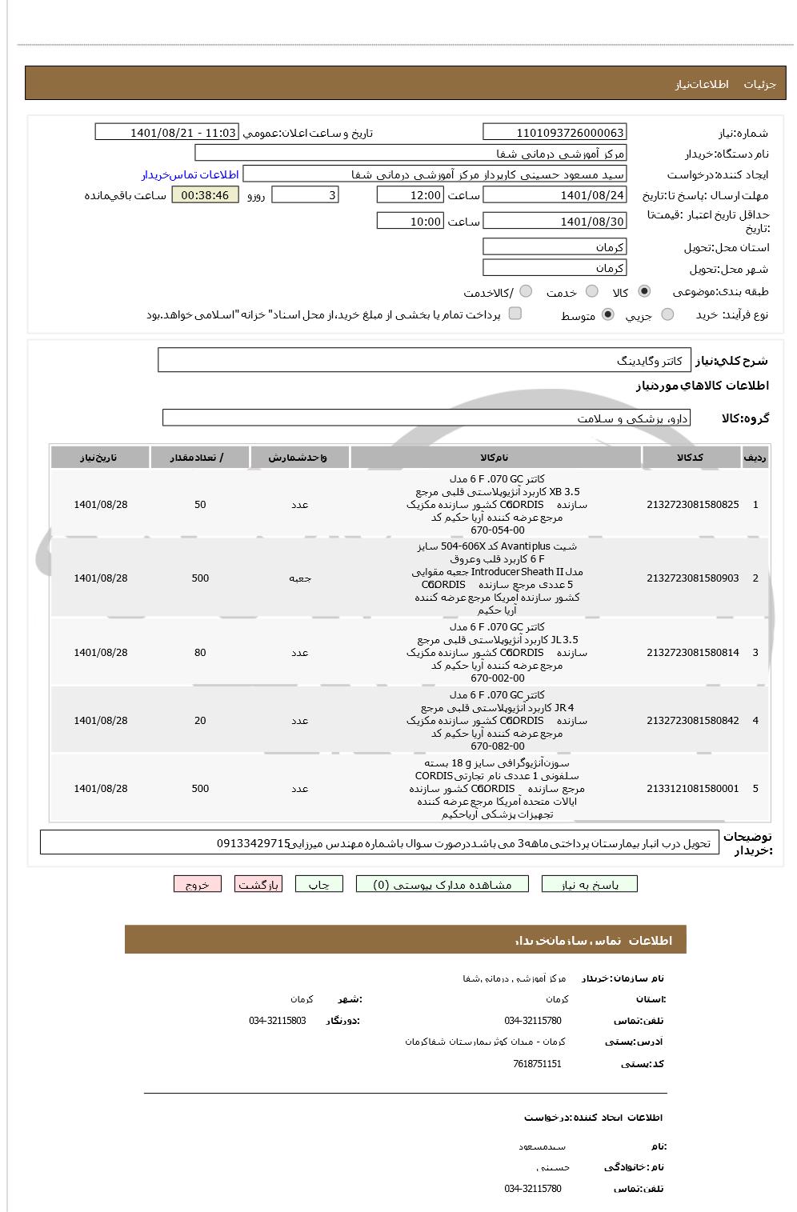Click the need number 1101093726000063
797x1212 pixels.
pyautogui.click(x=555, y=133)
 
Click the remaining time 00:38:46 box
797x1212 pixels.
pyautogui.click(x=205, y=195)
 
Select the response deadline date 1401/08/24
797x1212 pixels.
pyautogui.click(x=555, y=195)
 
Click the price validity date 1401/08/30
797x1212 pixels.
pyautogui.click(x=555, y=222)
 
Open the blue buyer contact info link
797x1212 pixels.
pyautogui.click(x=190, y=174)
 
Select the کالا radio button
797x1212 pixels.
pyautogui.click(x=644, y=291)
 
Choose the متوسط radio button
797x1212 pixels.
pyautogui.click(x=608, y=314)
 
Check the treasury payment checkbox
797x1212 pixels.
pyautogui.click(x=515, y=314)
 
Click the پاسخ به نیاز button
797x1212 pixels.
pyautogui.click(x=590, y=884)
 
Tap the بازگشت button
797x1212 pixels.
pyautogui.click(x=258, y=884)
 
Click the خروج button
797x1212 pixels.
pyautogui.click(x=197, y=884)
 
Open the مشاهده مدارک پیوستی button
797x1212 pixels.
pyautogui.click(x=443, y=884)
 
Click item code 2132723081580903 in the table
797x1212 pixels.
pyautogui.click(x=692, y=578)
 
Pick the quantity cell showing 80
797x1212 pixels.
pyautogui.click(x=200, y=653)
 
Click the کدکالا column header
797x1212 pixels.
pyautogui.click(x=690, y=458)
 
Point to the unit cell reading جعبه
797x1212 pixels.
pyautogui.click(x=300, y=578)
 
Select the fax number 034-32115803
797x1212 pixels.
pyautogui.click(x=278, y=1021)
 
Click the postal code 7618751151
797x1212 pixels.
pyautogui.click(x=537, y=1064)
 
